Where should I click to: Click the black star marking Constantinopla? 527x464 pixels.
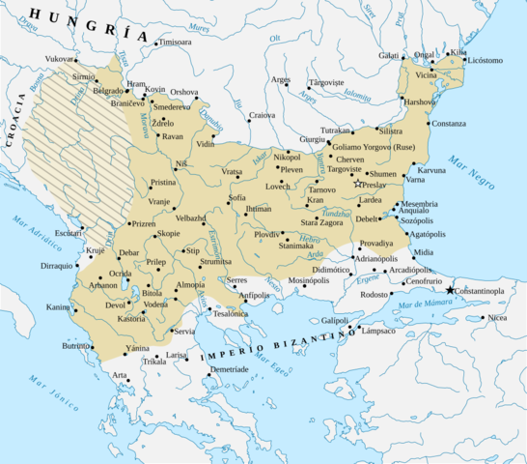[x=450, y=290]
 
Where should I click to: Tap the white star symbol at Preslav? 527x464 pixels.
[x=358, y=184]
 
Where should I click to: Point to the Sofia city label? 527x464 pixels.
[x=237, y=198]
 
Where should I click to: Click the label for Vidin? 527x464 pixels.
[x=206, y=144]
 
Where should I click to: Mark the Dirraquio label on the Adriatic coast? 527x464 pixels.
[x=56, y=265]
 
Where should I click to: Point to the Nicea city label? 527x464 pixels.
[x=496, y=317]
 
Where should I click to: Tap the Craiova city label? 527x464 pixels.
[x=262, y=115]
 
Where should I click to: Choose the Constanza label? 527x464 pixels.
[x=449, y=124]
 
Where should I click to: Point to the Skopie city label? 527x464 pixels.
[x=168, y=233]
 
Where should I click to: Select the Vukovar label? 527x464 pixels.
[x=60, y=58]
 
